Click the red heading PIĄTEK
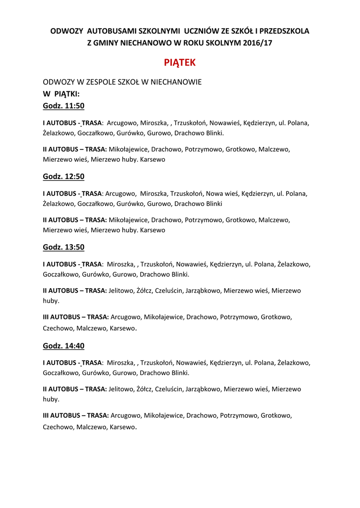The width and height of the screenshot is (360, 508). click(x=180, y=63)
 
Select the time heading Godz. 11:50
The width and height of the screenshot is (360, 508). click(x=64, y=106)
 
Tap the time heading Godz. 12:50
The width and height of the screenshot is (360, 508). click(x=64, y=176)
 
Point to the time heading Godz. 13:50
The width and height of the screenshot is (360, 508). click(x=64, y=247)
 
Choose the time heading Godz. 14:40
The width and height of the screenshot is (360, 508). click(x=64, y=346)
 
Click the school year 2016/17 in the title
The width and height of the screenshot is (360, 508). click(x=258, y=43)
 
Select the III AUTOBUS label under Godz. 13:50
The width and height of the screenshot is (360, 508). click(x=59, y=317)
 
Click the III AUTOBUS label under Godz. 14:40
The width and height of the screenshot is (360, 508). click(x=59, y=416)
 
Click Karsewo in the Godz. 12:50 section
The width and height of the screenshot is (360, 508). click(x=153, y=230)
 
